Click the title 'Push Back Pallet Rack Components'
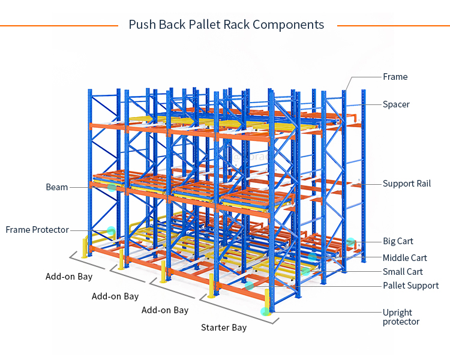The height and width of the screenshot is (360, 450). [226, 25]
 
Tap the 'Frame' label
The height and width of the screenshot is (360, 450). [395, 77]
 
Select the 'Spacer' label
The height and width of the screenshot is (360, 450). [396, 104]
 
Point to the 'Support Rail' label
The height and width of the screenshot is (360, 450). [407, 184]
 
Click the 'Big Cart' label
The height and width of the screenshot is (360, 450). [398, 241]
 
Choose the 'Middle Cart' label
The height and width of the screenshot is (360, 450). [405, 258]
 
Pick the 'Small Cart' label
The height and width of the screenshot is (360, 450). [403, 272]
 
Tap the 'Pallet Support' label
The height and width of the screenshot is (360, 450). [410, 286]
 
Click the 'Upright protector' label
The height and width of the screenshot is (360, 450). [401, 317]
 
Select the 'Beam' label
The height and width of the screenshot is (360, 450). [57, 187]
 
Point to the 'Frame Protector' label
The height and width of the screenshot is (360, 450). [37, 230]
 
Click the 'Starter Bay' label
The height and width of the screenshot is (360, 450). [223, 328]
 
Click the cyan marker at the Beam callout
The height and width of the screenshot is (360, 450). [112, 187]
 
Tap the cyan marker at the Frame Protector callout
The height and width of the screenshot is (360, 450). [111, 230]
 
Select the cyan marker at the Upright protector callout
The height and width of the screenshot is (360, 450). [265, 311]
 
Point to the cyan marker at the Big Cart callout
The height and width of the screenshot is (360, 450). [350, 242]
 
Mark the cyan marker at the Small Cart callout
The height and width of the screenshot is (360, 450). [305, 272]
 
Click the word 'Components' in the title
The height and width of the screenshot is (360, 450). [288, 25]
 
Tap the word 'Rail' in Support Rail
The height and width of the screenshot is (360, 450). [423, 184]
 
